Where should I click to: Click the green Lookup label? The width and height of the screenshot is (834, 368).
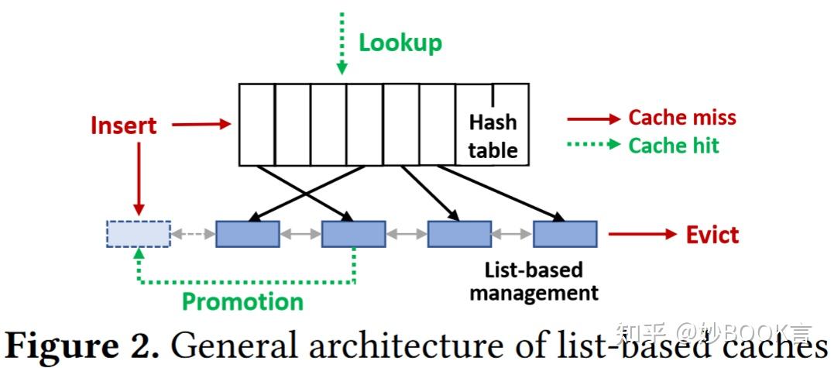(x=400, y=42)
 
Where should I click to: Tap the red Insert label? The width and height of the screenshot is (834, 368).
(x=123, y=126)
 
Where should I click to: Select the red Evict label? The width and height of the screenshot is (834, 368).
(x=712, y=235)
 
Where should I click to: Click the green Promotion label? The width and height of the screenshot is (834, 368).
(x=242, y=301)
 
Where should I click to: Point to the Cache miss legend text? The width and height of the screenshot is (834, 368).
(x=681, y=118)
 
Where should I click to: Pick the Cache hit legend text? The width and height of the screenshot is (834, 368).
(x=673, y=146)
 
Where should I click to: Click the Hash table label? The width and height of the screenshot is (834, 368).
(x=493, y=136)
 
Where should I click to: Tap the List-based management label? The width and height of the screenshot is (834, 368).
(x=534, y=281)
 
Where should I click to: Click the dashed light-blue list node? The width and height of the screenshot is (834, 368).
(x=138, y=234)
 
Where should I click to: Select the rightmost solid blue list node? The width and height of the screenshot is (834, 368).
(x=565, y=234)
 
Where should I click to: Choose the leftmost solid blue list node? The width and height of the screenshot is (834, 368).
(x=247, y=234)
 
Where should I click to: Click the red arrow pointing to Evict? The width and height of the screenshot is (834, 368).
(x=642, y=234)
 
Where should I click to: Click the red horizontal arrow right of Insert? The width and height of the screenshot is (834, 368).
(x=201, y=124)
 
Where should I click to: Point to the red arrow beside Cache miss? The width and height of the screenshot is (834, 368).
(x=593, y=119)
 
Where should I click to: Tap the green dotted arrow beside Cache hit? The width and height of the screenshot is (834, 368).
(x=593, y=145)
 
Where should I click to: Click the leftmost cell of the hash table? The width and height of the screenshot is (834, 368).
(x=256, y=124)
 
